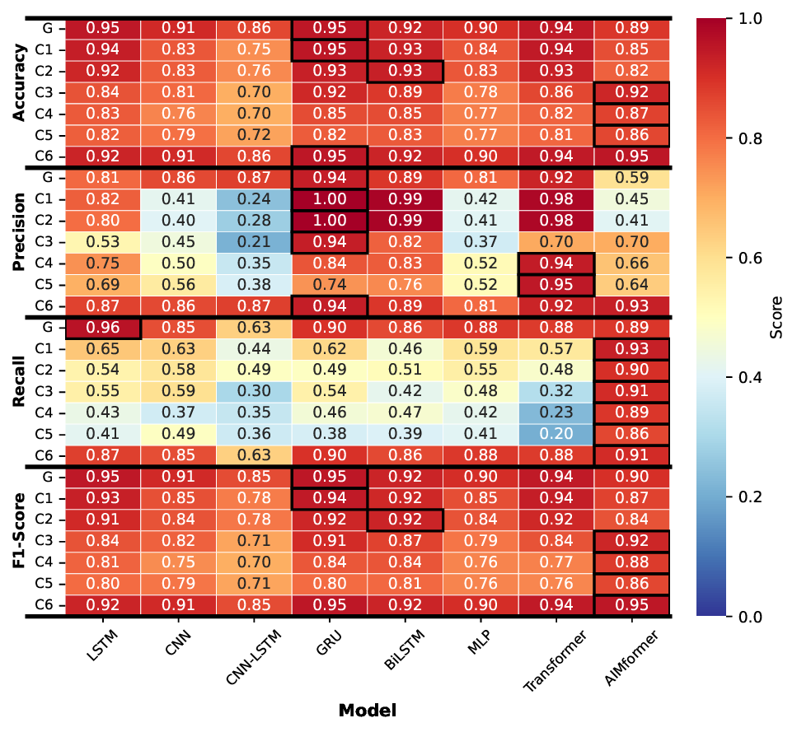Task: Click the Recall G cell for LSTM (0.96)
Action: tap(103, 328)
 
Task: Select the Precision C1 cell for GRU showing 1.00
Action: tap(330, 199)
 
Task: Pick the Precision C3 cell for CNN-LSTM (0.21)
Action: tap(254, 242)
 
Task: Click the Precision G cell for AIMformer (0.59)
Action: tap(631, 178)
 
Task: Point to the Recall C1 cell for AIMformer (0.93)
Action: tap(631, 349)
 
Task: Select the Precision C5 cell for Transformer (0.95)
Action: tap(556, 285)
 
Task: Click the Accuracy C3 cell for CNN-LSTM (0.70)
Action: tap(254, 92)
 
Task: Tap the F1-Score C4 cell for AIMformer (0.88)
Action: tap(631, 563)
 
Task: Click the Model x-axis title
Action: tap(367, 710)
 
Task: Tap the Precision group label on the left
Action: tap(20, 242)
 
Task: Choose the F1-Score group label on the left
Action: tap(20, 542)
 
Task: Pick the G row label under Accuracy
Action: tap(49, 28)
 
